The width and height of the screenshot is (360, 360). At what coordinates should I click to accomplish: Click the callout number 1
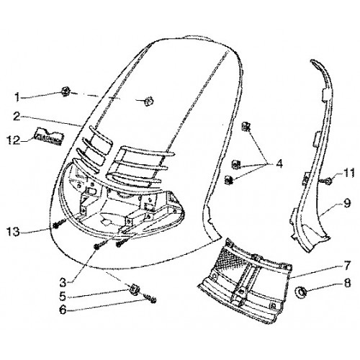[x=17, y=97]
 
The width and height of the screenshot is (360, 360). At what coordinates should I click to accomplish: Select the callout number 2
[x=17, y=117]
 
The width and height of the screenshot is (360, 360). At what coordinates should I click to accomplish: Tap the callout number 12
[x=13, y=140]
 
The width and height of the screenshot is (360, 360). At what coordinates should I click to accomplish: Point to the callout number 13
[x=13, y=232]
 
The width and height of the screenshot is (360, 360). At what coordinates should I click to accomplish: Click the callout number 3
[x=63, y=282]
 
